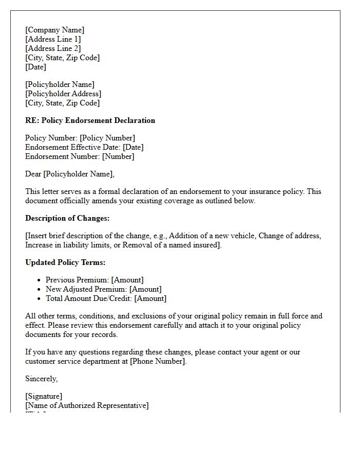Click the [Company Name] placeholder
click(55, 30)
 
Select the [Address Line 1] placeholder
click(53, 39)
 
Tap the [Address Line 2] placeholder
click(53, 48)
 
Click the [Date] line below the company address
click(35, 67)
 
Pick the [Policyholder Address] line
click(63, 94)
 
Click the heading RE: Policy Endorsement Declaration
click(90, 120)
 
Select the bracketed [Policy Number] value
click(107, 138)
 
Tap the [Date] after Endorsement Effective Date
click(133, 147)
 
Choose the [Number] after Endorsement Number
click(118, 156)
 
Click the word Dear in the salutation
click(33, 174)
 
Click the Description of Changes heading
click(67, 218)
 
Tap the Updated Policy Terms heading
click(65, 262)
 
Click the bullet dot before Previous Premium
click(39, 280)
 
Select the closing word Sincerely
click(41, 379)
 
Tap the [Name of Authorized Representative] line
click(87, 405)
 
